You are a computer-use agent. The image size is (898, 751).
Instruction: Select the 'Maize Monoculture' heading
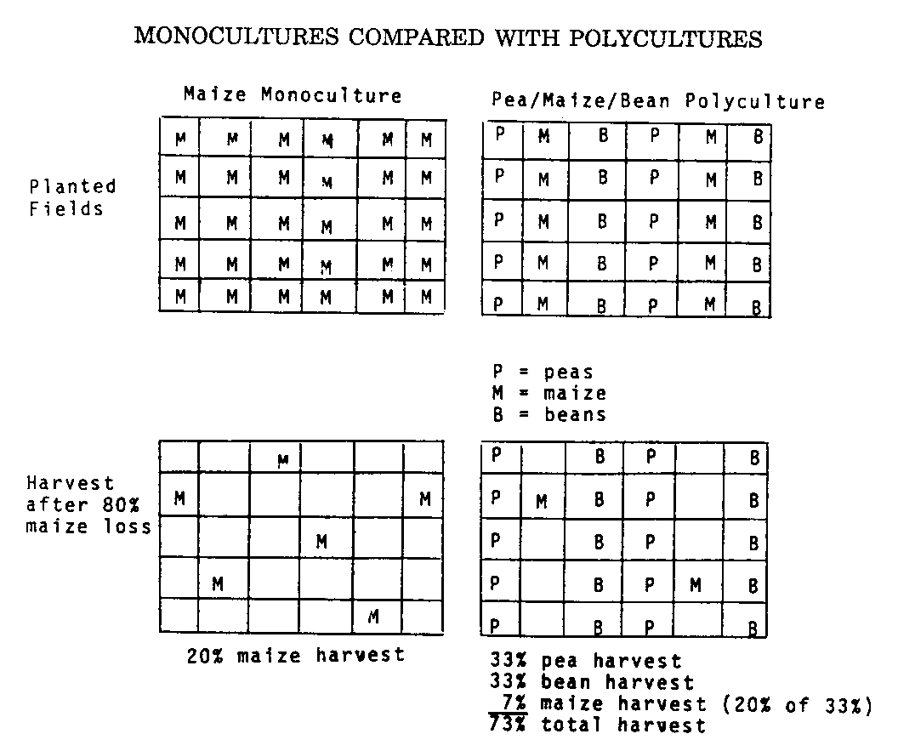(x=292, y=94)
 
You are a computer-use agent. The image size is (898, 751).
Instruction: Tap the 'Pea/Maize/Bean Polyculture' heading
(x=658, y=102)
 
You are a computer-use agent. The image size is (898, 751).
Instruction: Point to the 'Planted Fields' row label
(x=72, y=197)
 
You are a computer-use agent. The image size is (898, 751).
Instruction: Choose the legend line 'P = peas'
(x=542, y=372)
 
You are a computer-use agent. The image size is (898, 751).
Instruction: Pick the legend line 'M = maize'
(x=548, y=393)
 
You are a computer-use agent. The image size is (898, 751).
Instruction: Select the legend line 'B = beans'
(x=548, y=414)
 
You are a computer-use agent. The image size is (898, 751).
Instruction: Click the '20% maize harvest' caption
(x=296, y=655)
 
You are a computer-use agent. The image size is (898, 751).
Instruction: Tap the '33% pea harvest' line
(x=585, y=661)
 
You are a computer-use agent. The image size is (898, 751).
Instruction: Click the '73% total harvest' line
(x=597, y=725)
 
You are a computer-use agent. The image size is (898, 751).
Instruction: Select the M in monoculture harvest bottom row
(x=372, y=616)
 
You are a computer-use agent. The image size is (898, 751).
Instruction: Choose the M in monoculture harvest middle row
(x=321, y=541)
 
